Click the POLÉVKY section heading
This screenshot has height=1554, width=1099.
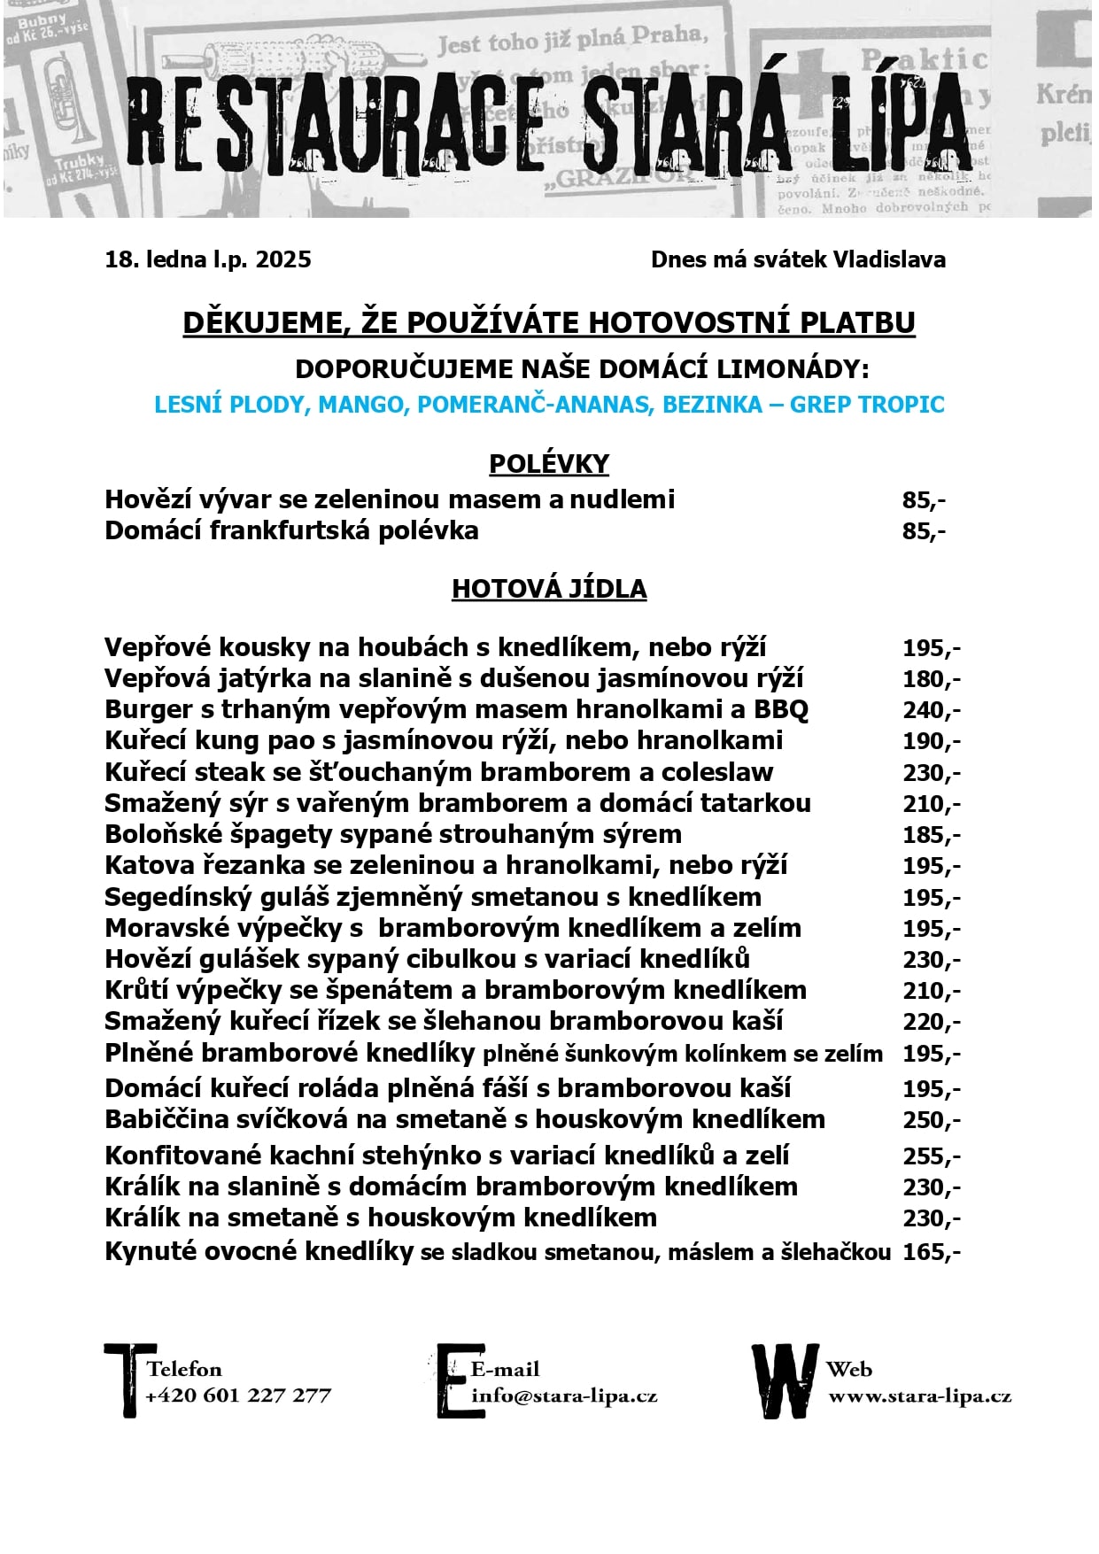[x=549, y=464]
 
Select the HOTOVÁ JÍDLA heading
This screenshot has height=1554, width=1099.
[x=549, y=589]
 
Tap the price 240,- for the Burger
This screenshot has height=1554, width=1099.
[x=931, y=710]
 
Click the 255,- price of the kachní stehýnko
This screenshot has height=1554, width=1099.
[x=931, y=1156]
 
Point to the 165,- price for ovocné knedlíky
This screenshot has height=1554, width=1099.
[x=931, y=1252]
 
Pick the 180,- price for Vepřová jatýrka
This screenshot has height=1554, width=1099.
[x=931, y=679]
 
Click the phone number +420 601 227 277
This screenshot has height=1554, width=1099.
[x=238, y=1396]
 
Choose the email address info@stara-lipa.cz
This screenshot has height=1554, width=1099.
[x=564, y=1396]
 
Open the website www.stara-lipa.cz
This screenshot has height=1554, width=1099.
[x=919, y=1396]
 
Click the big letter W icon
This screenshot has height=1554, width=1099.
[x=785, y=1381]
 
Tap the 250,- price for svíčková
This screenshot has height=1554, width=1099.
[x=931, y=1120]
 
